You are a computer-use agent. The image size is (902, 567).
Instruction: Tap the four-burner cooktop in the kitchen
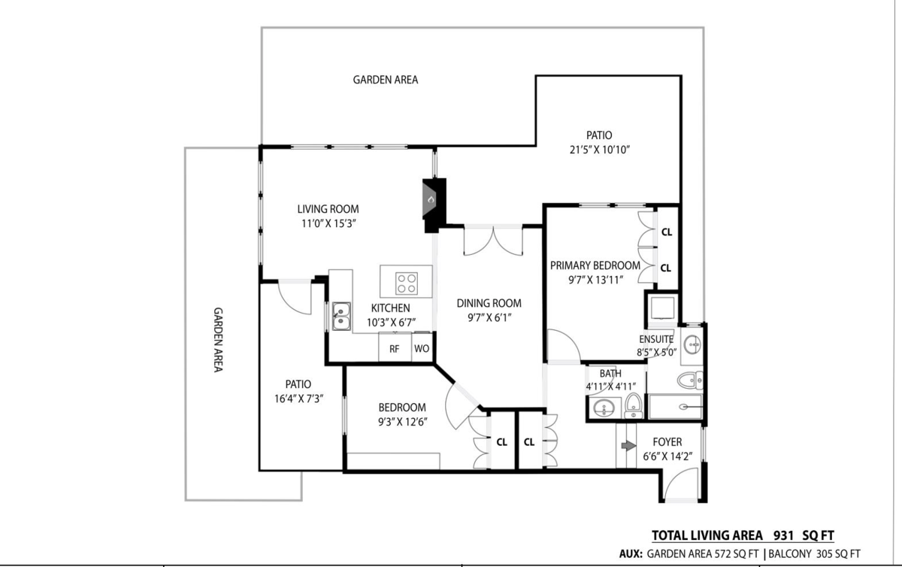pos(407,283)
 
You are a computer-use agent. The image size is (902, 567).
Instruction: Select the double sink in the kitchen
pos(341,316)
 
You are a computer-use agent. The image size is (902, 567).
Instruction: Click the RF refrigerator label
pos(394,349)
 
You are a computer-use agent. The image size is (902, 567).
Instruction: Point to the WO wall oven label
pos(421,349)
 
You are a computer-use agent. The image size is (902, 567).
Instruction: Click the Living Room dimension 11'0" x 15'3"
pos(327,223)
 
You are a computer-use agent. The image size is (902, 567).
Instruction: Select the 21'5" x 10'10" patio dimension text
pos(598,150)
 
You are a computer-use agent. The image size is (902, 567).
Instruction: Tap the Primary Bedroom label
pos(595,265)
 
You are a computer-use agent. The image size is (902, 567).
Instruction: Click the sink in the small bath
pos(603,409)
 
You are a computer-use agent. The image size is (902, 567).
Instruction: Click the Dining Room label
pos(489,304)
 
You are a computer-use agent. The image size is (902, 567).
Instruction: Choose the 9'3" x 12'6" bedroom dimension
pos(401,421)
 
